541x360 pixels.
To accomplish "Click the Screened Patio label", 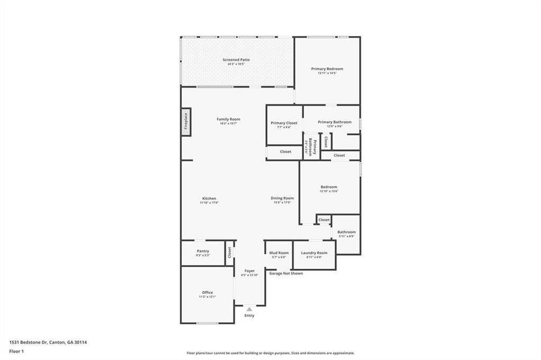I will (236, 60).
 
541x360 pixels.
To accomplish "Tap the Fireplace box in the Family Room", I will (186, 122).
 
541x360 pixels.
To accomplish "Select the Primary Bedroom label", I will (327, 69).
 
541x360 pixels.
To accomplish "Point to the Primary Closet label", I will (284, 123).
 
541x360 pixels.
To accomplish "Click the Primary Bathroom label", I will (334, 122).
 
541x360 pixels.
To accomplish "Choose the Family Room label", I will (228, 119).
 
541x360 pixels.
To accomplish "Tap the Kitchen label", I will (209, 199).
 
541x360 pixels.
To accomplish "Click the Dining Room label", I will (282, 199).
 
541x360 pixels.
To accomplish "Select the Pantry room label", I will (202, 251).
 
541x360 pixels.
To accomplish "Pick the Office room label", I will (207, 293).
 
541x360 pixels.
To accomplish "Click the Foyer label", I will (249, 271).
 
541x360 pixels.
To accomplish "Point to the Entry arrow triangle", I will (249, 309).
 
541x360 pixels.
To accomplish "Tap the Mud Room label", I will (279, 253).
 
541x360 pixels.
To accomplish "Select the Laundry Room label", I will (314, 253).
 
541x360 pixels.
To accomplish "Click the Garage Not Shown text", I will (286, 274).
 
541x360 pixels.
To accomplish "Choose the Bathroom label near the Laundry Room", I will (346, 232).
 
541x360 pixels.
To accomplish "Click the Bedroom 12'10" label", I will (328, 187).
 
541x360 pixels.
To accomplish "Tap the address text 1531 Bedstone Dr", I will (48, 342).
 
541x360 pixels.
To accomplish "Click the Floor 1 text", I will (16, 353).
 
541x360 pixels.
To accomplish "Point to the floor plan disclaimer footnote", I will (270, 353).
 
